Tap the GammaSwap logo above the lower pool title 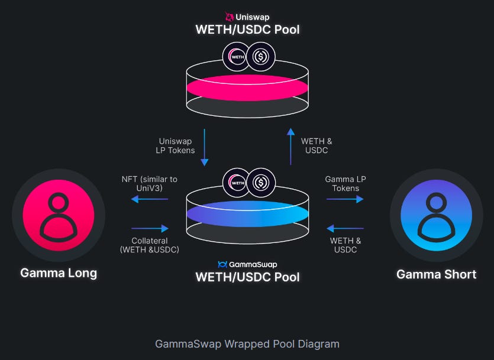click(x=222, y=264)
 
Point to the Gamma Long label click(x=59, y=273)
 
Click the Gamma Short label click(x=436, y=274)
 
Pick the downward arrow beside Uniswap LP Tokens click(x=205, y=147)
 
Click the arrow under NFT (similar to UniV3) click(x=149, y=199)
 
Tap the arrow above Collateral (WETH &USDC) click(x=149, y=228)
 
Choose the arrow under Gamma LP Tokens click(x=345, y=199)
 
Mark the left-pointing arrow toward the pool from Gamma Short click(x=345, y=228)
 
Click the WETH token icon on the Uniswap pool click(x=237, y=57)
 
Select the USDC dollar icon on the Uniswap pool click(x=260, y=57)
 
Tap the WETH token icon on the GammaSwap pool click(x=237, y=183)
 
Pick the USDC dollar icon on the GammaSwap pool click(x=260, y=183)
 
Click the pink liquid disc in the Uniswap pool click(x=247, y=87)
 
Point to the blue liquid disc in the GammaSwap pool click(x=247, y=213)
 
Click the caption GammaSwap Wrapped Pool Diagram click(x=247, y=343)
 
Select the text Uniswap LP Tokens click(x=176, y=146)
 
